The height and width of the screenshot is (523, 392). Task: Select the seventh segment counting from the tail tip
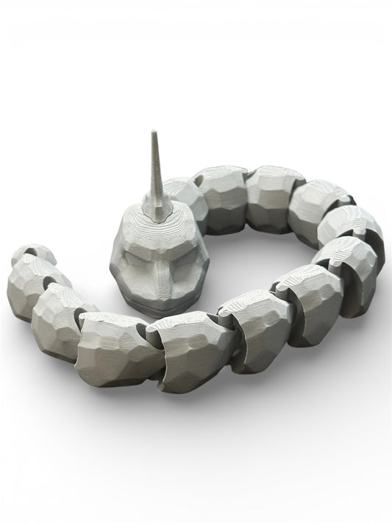coord(309,298)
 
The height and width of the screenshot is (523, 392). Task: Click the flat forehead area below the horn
coord(156,228)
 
